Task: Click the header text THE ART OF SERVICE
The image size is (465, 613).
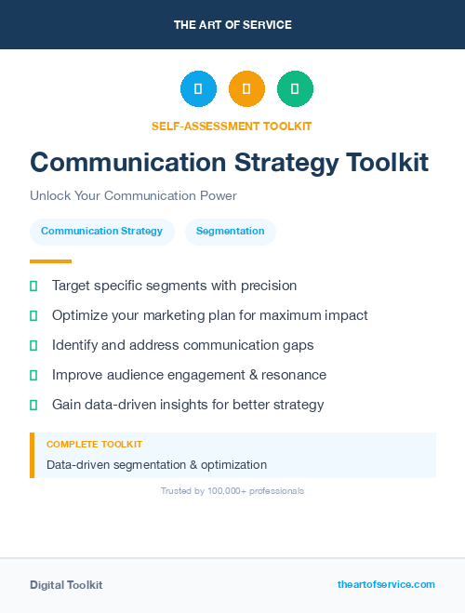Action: coord(232,25)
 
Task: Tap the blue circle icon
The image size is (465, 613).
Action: coord(198,89)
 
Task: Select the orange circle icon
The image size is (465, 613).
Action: coord(246,89)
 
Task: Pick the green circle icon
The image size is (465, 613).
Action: coord(295,89)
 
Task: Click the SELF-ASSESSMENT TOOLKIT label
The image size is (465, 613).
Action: coord(232,126)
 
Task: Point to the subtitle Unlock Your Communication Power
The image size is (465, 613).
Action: coord(133,196)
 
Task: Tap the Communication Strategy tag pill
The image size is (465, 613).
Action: coord(101,232)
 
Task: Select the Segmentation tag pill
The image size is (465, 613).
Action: coord(230,232)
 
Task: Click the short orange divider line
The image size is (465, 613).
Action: coord(50,261)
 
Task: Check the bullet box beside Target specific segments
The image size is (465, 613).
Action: coord(33,286)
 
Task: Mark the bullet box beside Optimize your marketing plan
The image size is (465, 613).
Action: coord(33,315)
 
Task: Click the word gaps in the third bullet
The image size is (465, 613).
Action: coord(296,345)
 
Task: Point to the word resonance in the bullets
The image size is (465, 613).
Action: coord(292,375)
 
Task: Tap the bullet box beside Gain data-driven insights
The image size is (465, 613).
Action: coord(33,405)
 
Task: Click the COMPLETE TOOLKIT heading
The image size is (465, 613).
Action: coord(94,445)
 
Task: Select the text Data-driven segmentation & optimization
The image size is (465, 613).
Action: coord(156,464)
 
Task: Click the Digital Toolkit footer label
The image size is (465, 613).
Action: coord(66,585)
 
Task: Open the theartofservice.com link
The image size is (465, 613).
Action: coord(386,584)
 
